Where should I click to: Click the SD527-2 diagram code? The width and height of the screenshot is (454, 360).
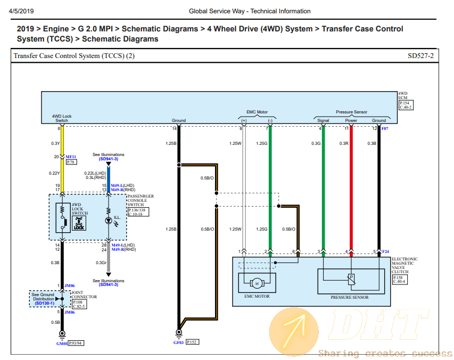(x=420, y=55)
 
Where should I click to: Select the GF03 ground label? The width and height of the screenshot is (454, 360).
(x=178, y=343)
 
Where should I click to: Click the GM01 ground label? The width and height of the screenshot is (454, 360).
(x=62, y=343)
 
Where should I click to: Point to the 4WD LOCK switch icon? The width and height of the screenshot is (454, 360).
(x=79, y=223)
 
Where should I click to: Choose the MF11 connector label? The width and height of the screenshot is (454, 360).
(x=71, y=157)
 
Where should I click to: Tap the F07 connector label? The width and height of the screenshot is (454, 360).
(x=385, y=128)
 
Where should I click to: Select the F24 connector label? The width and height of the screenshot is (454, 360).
(x=386, y=251)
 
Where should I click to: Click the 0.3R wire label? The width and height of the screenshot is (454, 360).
(x=344, y=143)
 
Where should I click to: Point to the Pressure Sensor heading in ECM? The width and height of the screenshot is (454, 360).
(x=351, y=112)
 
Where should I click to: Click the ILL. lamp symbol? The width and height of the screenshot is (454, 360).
(x=109, y=219)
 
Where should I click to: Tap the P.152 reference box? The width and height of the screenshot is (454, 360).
(x=192, y=342)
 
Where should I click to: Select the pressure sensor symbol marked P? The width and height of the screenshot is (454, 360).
(x=351, y=277)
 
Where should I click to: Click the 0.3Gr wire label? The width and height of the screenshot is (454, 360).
(x=101, y=263)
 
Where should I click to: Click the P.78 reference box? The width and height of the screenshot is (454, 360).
(x=71, y=162)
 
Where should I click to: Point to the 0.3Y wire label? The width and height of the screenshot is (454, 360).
(x=55, y=143)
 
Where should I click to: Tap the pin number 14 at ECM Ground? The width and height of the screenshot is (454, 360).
(x=174, y=128)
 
